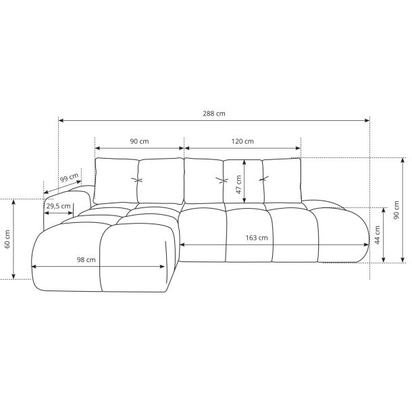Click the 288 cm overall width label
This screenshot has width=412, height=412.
coord(214,113)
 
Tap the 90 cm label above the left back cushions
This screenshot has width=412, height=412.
coord(139,141)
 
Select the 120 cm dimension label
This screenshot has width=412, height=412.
coord(242,141)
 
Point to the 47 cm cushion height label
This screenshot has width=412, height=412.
coord(238,184)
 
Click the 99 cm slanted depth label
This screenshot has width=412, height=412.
coord(69,178)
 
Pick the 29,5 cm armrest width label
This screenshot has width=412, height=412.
coord(58,206)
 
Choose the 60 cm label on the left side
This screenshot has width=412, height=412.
coord(7,239)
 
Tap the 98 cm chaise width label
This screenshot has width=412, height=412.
coord(86,260)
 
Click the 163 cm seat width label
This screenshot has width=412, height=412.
coord(257,238)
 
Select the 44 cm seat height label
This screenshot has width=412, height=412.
coord(378,235)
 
